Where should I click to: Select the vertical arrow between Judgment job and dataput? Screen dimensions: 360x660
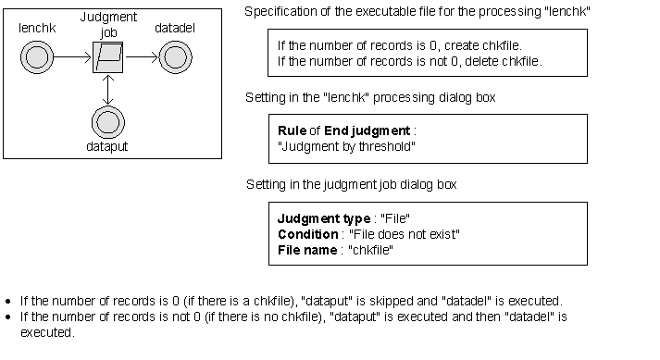click(108, 90)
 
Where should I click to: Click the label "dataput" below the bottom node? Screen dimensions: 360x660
click(108, 146)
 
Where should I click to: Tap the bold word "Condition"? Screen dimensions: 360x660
click(307, 234)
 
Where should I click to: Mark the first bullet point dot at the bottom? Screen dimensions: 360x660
click(8, 302)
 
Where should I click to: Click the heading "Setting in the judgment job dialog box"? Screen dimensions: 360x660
click(351, 184)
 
